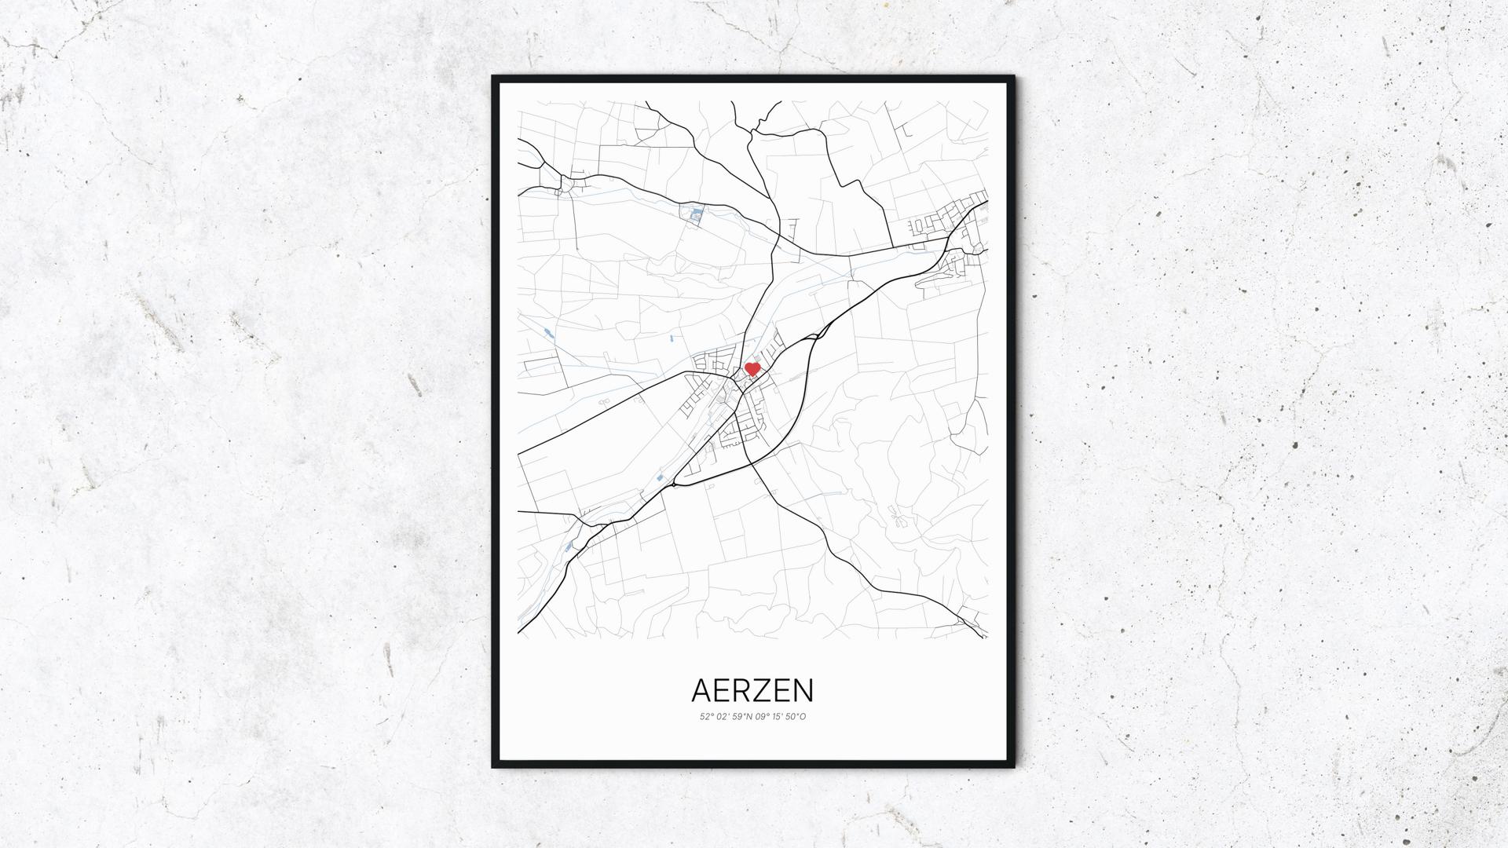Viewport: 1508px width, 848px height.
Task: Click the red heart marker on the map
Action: pos(752,368)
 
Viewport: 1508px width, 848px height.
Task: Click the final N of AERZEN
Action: pos(804,691)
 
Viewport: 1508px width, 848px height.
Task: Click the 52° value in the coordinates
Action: pos(706,717)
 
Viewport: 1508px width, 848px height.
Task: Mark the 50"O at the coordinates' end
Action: pos(796,717)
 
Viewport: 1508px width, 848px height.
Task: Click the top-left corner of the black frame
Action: pos(494,78)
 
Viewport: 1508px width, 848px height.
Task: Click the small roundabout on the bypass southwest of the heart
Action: pos(673,485)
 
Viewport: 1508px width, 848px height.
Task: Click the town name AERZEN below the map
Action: pos(752,691)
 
